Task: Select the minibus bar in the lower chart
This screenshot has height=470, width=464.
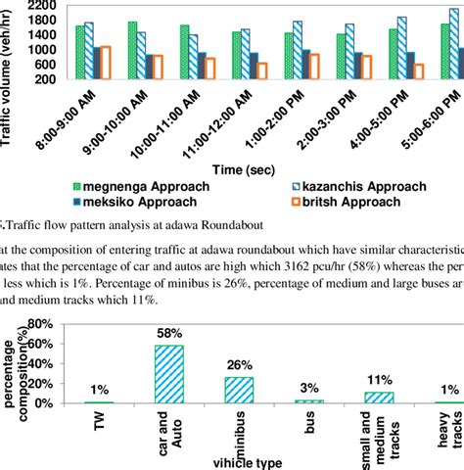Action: (x=239, y=391)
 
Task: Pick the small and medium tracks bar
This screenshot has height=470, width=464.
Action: (x=379, y=398)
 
